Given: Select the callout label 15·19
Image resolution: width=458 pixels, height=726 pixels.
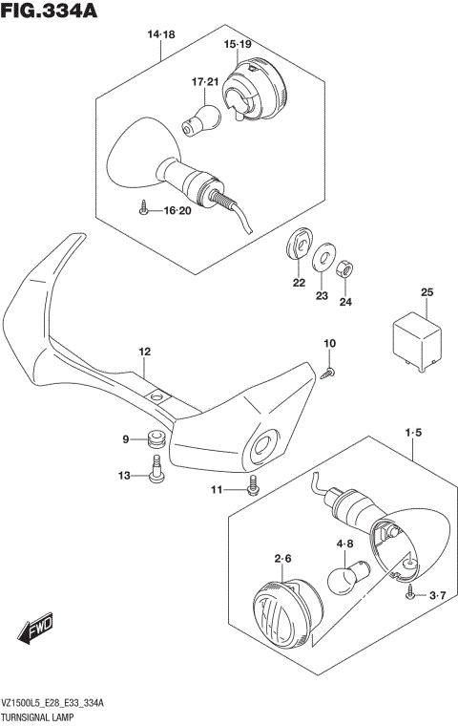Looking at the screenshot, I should (x=238, y=45).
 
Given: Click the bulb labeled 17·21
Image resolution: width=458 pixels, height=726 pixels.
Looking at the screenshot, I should (x=202, y=118).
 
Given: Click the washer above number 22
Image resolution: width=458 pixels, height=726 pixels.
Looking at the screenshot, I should (x=299, y=244).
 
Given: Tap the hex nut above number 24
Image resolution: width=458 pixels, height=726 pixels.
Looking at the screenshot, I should (x=347, y=265).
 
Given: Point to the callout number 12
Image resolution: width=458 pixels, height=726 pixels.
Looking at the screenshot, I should (x=144, y=352).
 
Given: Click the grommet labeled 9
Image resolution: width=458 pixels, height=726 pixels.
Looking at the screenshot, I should (x=156, y=440).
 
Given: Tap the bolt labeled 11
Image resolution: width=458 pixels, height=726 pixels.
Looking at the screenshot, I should (x=253, y=486).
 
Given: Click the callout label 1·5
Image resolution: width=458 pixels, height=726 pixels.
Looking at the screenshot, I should (x=412, y=434).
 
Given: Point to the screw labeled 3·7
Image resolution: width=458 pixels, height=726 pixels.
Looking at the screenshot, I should (x=410, y=594).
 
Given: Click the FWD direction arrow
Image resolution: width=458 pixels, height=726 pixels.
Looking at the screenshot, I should (x=35, y=632).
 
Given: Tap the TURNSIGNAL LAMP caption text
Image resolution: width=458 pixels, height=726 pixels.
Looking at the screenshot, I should (x=46, y=714).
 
